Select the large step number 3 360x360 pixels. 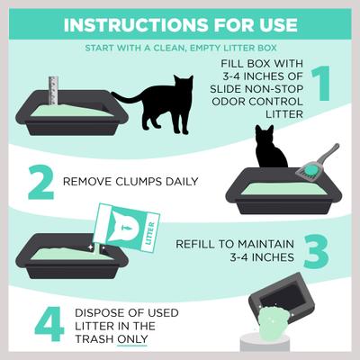point(317,251)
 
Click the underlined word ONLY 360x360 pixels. point(133,340)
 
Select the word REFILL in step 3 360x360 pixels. point(196,243)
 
